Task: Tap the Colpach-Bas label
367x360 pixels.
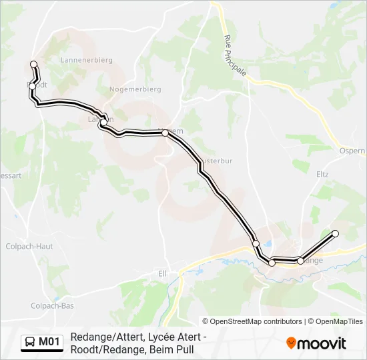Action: pyautogui.click(x=52, y=305)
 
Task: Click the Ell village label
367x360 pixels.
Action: pyautogui.click(x=161, y=273)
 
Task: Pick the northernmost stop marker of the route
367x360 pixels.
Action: pyautogui.click(x=34, y=64)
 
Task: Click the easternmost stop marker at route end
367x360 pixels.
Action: pyautogui.click(x=335, y=233)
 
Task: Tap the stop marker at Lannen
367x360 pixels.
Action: pyautogui.click(x=103, y=122)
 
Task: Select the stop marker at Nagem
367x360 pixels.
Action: pyautogui.click(x=165, y=133)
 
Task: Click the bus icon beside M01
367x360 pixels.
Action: pyautogui.click(x=29, y=343)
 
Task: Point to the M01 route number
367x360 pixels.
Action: pyautogui.click(x=49, y=343)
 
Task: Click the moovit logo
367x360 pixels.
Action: pyautogui.click(x=316, y=343)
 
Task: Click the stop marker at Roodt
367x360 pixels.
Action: pyautogui.click(x=32, y=86)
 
